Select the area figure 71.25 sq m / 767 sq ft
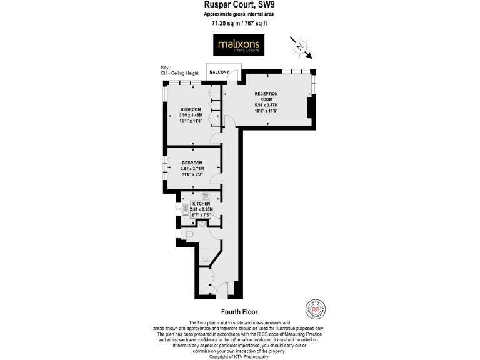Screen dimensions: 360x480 pos(239,23)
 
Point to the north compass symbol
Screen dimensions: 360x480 pos(301,46)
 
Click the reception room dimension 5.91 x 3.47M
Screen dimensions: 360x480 pos(266,105)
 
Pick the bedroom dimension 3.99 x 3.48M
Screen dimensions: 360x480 pos(191,115)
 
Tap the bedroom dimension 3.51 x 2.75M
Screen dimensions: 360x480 pos(192,168)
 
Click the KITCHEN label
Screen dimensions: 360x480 pos(201,204)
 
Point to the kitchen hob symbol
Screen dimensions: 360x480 pos(204,196)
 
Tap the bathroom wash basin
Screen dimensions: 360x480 pos(202,224)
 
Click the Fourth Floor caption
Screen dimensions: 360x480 pos(239,311)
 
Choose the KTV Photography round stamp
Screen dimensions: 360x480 pos(316,308)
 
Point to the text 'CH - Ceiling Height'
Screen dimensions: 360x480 pos(179,73)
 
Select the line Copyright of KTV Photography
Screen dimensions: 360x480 pos(239,356)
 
